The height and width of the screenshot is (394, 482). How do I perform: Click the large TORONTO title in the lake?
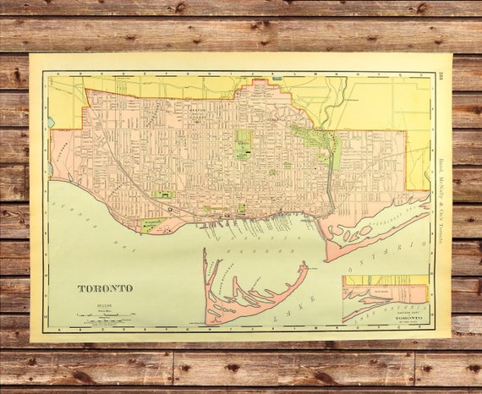coord(105,288)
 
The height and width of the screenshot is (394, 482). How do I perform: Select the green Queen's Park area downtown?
coord(244,144)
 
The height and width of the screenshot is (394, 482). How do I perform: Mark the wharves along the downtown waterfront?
coord(254,222)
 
